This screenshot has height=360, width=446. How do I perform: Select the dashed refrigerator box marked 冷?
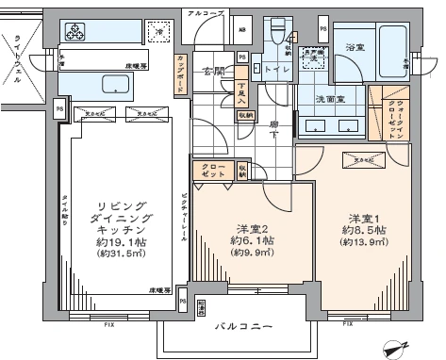tap(160, 33)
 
